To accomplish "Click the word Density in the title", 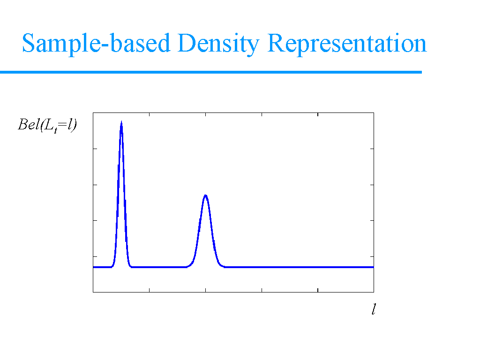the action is point(218,44).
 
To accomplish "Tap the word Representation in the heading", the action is point(347,43).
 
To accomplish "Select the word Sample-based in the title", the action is point(96,44).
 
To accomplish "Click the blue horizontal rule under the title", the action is point(211,72).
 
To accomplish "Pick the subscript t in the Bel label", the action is point(55,131).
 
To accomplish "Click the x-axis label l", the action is point(374,309).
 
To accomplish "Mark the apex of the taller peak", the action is point(121,121).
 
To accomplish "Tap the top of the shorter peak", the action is point(206,195).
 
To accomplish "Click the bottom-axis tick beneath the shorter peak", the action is point(206,290).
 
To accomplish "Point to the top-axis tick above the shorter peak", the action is point(206,114).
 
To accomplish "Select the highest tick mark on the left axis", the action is point(95,149).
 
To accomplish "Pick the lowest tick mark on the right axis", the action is point(372,256).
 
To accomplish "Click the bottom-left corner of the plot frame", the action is point(93,292).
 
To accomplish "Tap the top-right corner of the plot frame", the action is point(374,112).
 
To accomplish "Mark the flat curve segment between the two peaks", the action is point(159,267).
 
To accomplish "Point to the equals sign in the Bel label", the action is point(62,125).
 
